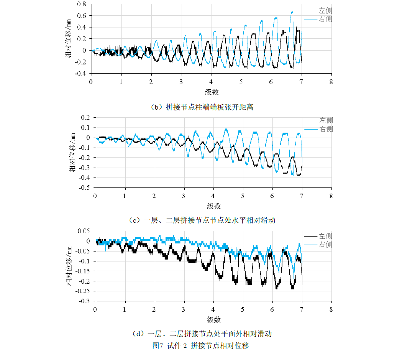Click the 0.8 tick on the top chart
[x=82, y=4]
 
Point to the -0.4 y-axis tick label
[x=80, y=73]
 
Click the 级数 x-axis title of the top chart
[x=211, y=92]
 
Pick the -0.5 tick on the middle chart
[x=85, y=188]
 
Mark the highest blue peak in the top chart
[x=292, y=12]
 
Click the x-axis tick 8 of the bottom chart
[x=331, y=309]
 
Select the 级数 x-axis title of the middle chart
[x=214, y=206]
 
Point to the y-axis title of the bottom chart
[x=69, y=266]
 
